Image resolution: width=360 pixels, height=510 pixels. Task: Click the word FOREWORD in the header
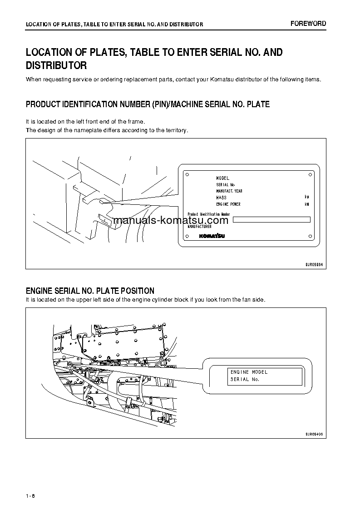[x=308, y=24]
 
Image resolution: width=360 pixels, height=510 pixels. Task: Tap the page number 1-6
[x=31, y=495]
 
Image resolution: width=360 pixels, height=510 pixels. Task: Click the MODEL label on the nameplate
[x=223, y=178]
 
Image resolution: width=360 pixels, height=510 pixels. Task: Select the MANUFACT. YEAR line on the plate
[x=229, y=191]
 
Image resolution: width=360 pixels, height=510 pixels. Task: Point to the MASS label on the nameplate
[x=221, y=198]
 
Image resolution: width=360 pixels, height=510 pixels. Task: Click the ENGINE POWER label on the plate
[x=228, y=204]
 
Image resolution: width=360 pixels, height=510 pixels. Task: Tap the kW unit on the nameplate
[x=307, y=204]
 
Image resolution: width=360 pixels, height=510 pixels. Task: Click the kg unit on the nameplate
[x=307, y=198]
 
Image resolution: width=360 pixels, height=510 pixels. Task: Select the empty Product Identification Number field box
[x=271, y=219]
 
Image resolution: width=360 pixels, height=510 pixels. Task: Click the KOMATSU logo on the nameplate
[x=211, y=236]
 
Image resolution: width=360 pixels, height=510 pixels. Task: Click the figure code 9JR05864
[x=314, y=264]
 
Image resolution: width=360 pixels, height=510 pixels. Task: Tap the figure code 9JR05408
[x=314, y=434]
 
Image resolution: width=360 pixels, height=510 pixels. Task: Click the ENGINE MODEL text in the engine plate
[x=249, y=372]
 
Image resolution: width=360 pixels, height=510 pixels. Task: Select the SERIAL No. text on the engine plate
[x=245, y=379]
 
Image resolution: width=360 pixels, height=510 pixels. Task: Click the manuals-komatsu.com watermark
[x=171, y=221]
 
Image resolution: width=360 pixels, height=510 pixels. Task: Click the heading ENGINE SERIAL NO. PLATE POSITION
[x=90, y=291]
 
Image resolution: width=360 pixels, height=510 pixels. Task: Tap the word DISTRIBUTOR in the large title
[x=56, y=65]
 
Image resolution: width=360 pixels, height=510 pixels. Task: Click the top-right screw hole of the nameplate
[x=310, y=174]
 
